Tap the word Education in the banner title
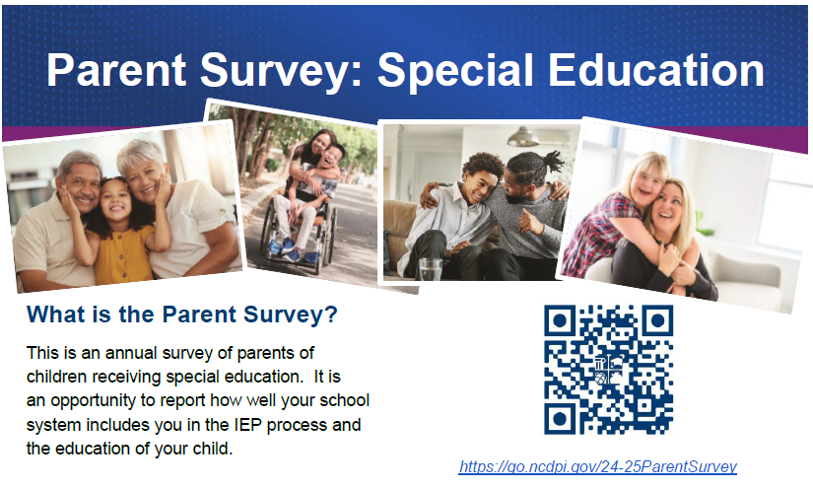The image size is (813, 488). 656,70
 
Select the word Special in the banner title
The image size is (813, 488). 455,71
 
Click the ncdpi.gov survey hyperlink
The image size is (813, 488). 598,466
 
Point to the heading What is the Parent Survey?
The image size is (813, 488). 182,314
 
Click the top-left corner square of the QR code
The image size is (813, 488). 560,320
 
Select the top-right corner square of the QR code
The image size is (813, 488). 657,320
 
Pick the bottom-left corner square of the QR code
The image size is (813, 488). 560,418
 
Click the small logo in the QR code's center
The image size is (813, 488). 609,371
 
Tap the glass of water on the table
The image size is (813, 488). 430,269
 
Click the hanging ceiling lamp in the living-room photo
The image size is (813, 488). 523,137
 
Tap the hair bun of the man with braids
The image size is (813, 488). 553,162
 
